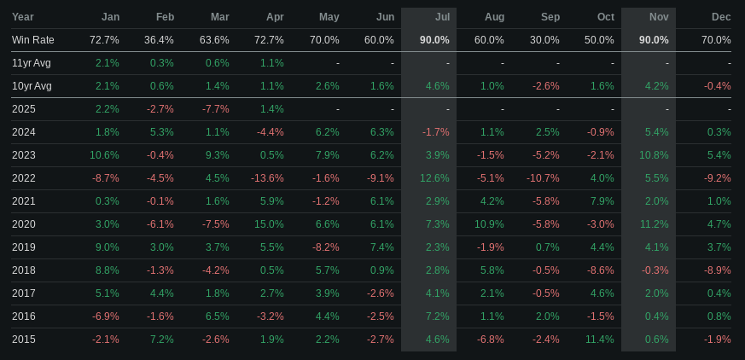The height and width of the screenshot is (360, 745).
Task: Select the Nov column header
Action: (x=659, y=17)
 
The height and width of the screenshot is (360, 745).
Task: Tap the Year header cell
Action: (x=23, y=17)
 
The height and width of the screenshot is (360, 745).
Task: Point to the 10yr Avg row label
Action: (x=32, y=86)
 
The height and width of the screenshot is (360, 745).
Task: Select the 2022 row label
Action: (x=24, y=178)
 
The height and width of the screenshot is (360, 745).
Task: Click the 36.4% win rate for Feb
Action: (x=160, y=40)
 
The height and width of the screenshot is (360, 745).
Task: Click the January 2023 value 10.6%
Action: (x=104, y=155)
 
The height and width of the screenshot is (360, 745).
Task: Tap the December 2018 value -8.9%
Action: (x=717, y=270)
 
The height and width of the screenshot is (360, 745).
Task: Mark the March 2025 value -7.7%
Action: (x=215, y=109)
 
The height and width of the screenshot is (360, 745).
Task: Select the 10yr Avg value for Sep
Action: (x=545, y=86)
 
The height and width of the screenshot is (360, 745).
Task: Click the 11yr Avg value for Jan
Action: (x=107, y=63)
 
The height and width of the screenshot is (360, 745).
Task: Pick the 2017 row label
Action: (x=24, y=293)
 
